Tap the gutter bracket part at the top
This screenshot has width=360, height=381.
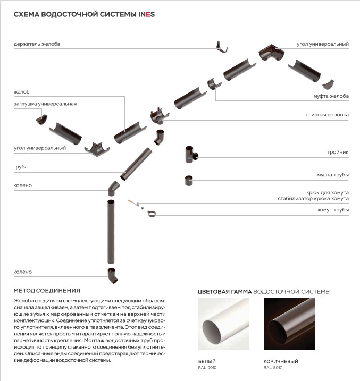222,48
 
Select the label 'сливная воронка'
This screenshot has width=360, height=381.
326,114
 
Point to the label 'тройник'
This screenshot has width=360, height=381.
338,152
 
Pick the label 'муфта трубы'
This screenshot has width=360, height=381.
332,175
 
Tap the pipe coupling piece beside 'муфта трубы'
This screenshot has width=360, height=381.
189,181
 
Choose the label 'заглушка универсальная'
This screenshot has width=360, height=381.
45,104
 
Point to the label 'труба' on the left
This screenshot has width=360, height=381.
21,167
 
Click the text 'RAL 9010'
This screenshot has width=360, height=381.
207,367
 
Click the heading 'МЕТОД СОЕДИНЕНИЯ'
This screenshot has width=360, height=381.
47,291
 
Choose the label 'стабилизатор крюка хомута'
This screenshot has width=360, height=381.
313,198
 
